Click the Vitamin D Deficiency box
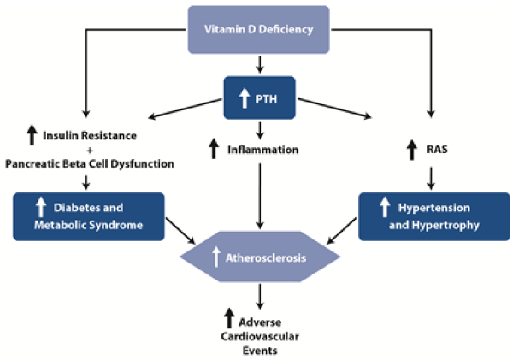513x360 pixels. pyautogui.click(x=258, y=29)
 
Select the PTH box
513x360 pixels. pyautogui.click(x=259, y=97)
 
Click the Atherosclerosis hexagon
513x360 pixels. pyautogui.click(x=260, y=257)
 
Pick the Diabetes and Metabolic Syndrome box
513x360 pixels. pyautogui.click(x=89, y=216)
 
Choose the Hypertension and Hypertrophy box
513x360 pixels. pyautogui.click(x=434, y=216)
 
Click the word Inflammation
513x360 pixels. pyautogui.click(x=263, y=150)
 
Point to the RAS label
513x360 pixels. pyautogui.click(x=437, y=150)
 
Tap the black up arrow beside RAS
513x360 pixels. pyautogui.click(x=412, y=150)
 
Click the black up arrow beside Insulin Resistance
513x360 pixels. pyautogui.click(x=32, y=134)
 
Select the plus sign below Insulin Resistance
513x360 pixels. pyautogui.click(x=90, y=150)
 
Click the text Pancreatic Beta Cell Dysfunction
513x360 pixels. pyautogui.click(x=90, y=163)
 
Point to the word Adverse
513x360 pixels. pyautogui.click(x=260, y=322)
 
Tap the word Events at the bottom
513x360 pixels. pyautogui.click(x=260, y=351)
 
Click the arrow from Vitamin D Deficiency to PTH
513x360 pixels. pyautogui.click(x=260, y=64)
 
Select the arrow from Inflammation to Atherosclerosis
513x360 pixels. pyautogui.click(x=260, y=197)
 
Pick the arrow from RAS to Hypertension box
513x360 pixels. pyautogui.click(x=431, y=179)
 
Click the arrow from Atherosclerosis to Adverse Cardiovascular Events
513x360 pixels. pyautogui.click(x=260, y=297)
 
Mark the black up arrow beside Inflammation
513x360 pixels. pyautogui.click(x=214, y=149)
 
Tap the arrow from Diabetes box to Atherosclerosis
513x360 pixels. pyautogui.click(x=180, y=231)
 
